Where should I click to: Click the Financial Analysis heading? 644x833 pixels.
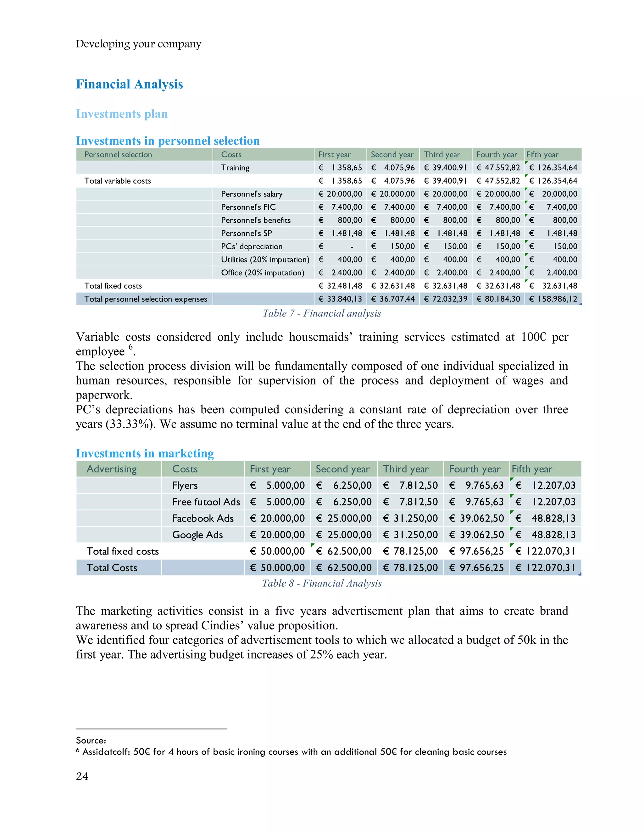pos(129,84)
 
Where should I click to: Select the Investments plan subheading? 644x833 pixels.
pos(122,114)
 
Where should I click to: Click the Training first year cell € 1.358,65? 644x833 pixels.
pos(340,168)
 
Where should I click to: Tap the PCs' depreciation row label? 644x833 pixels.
pos(252,246)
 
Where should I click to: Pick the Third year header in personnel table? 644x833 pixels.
pos(442,154)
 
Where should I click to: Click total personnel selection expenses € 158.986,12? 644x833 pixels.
pos(553,299)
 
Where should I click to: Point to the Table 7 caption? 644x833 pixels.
pos(322,313)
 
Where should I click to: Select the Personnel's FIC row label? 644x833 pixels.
pos(248,207)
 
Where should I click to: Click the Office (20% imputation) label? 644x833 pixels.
pos(263,273)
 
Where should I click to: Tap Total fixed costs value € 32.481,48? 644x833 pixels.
pos(340,286)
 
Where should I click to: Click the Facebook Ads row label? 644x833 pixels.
pos(203,518)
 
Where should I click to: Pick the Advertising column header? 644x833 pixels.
pos(111,469)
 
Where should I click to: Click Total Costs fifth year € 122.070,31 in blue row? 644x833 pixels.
pos(545,568)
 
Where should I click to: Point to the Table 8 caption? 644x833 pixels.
pos(322,583)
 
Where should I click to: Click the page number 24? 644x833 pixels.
pos(82,776)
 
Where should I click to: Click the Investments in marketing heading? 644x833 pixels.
pos(145,454)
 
